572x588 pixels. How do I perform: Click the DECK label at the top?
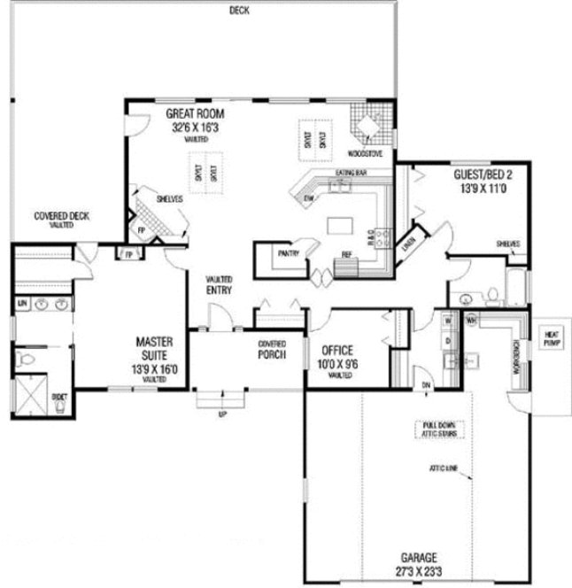[x=238, y=11]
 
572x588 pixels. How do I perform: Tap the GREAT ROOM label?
[x=196, y=115]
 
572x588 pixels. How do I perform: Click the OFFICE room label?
[x=337, y=350]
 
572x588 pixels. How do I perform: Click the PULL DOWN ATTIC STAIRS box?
[x=440, y=429]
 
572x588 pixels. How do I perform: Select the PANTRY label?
[x=289, y=252]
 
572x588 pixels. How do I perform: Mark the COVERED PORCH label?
[x=271, y=349]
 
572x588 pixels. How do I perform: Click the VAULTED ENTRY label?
[x=219, y=284]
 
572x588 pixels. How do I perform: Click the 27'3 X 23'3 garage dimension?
[x=421, y=571]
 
